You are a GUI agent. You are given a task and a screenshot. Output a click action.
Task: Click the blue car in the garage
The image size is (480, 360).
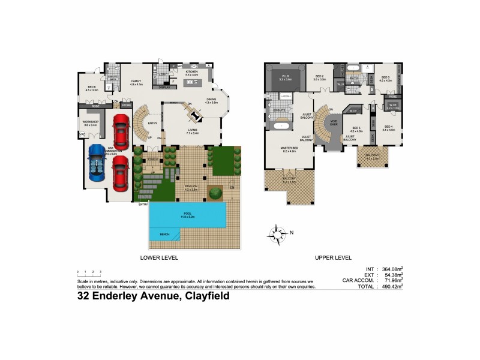click(x=97, y=164)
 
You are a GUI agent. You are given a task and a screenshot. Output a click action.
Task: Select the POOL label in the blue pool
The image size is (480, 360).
click(x=188, y=212)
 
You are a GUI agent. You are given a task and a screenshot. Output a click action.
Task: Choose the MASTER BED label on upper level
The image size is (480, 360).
click(x=289, y=149)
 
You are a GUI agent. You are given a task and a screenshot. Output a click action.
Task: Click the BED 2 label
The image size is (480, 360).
click(x=320, y=77)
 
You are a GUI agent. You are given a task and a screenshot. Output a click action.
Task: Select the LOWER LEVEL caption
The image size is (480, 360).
click(x=159, y=257)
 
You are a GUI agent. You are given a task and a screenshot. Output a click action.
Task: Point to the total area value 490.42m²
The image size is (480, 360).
click(x=391, y=286)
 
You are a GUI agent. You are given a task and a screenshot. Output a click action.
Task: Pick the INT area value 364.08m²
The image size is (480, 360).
click(x=391, y=268)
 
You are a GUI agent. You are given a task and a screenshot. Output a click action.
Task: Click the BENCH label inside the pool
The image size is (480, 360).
click(x=164, y=234)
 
